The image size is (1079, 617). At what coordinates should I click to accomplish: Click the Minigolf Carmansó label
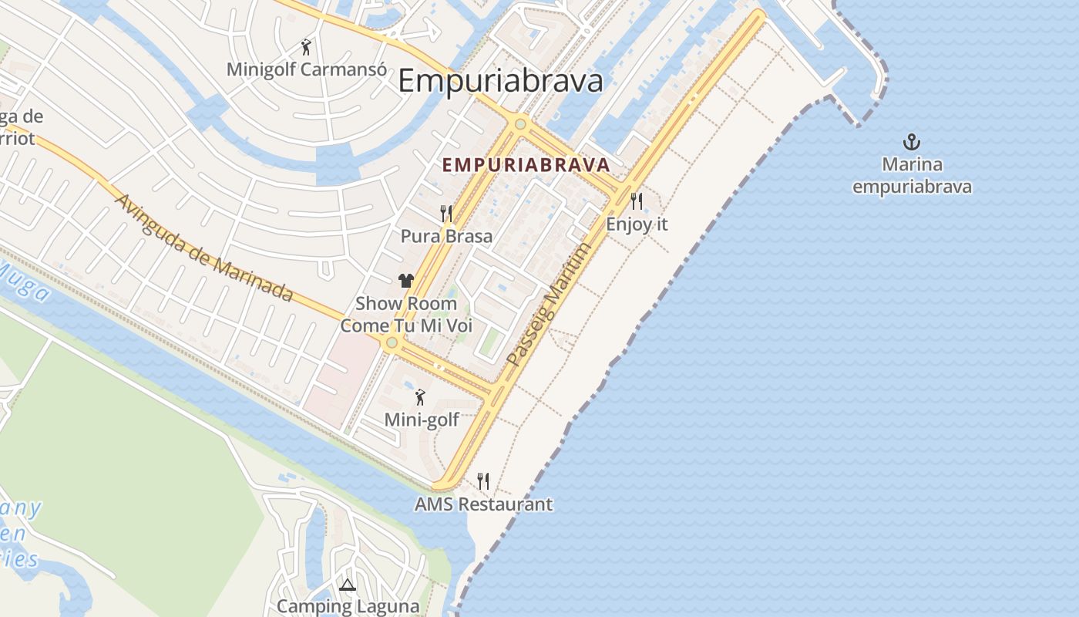(306, 69)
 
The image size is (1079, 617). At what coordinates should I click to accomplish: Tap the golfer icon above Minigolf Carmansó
(307, 47)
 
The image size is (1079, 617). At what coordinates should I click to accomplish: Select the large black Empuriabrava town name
(500, 81)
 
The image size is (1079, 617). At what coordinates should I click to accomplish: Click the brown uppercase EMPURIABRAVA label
(526, 165)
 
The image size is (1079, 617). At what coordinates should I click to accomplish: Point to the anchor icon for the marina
(912, 142)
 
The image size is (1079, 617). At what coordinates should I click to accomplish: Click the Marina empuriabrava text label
(912, 176)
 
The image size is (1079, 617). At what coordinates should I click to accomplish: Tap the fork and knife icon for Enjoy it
(637, 202)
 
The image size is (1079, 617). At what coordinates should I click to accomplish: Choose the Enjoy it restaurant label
(637, 224)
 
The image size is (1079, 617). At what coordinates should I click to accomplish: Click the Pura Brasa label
(446, 236)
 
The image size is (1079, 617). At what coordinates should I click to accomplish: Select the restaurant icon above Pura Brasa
(446, 214)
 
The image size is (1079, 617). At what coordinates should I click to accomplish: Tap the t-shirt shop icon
(406, 281)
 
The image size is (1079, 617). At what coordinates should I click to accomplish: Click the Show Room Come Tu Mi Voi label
(406, 315)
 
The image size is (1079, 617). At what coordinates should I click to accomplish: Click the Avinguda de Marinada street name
(203, 248)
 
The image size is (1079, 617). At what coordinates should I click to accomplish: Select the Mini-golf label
(422, 420)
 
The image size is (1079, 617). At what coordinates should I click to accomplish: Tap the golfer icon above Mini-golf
(420, 397)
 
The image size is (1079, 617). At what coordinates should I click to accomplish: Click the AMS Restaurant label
(483, 504)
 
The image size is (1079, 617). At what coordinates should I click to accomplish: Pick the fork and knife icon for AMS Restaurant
(483, 481)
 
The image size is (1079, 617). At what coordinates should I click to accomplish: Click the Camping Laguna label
(348, 606)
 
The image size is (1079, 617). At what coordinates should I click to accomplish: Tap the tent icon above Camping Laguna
(348, 585)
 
